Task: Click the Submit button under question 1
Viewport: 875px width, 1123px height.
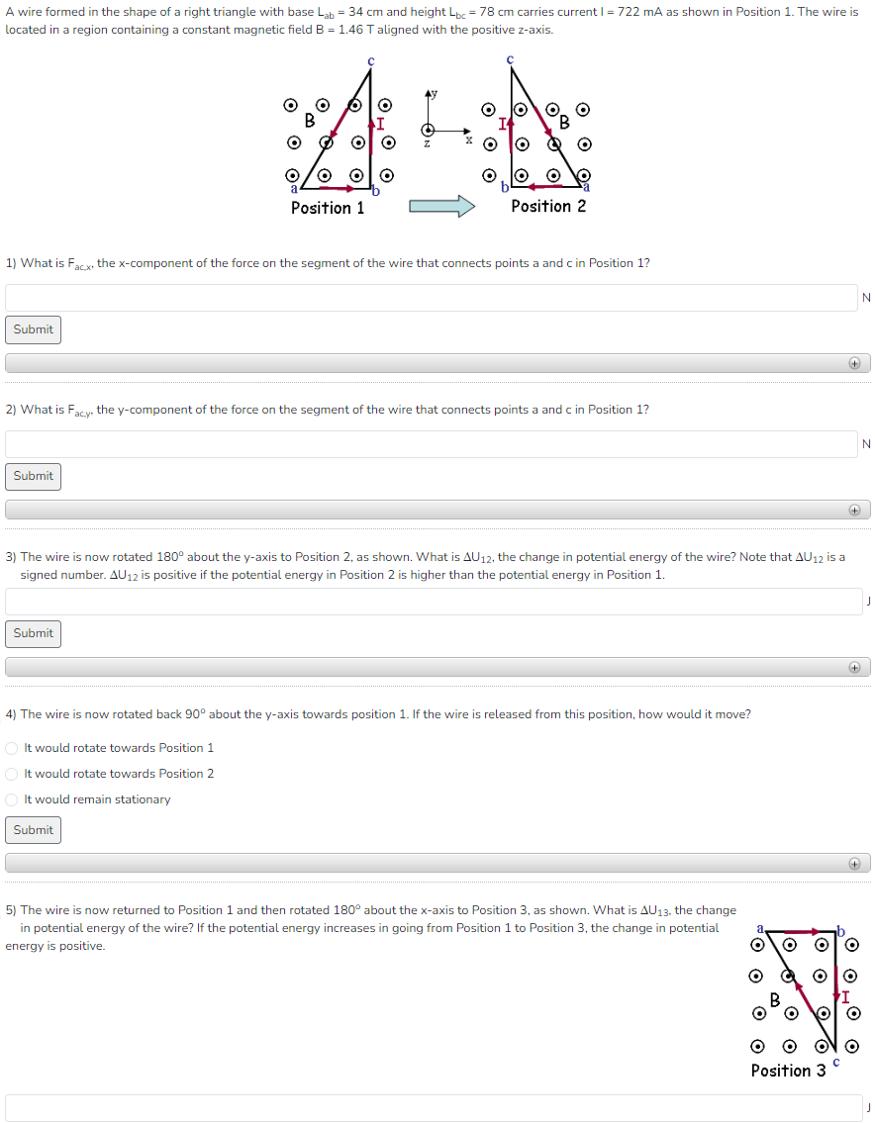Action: tap(34, 329)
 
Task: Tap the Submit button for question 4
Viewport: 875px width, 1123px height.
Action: tap(34, 830)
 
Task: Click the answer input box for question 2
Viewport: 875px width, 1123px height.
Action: tap(431, 444)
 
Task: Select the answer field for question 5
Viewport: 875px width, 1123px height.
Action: tap(431, 1108)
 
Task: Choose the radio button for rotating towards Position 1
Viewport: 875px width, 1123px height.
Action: tap(12, 748)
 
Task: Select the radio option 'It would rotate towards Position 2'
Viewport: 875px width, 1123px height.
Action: tap(12, 774)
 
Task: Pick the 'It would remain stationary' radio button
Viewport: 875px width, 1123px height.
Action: tap(12, 799)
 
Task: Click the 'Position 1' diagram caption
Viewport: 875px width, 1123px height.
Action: tap(328, 208)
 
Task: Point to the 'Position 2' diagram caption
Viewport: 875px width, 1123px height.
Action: tap(548, 207)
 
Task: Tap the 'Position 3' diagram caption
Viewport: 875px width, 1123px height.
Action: tap(788, 1071)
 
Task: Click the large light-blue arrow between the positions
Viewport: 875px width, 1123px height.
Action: tap(442, 206)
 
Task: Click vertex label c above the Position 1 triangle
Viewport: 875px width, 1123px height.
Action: tap(371, 61)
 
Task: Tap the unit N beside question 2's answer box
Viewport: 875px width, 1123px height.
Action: tap(866, 444)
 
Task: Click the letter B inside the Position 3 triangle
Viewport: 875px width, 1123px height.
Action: tap(775, 999)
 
